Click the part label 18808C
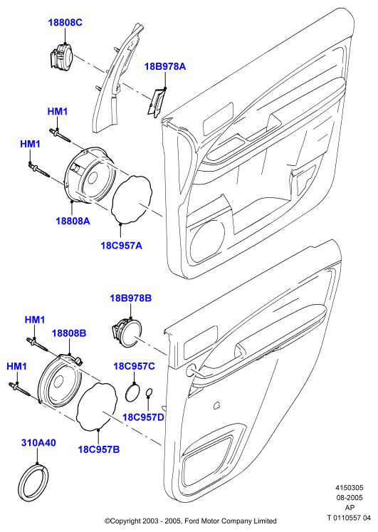click(x=65, y=23)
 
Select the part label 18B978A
click(x=165, y=66)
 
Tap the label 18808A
click(x=73, y=221)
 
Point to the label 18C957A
click(x=121, y=245)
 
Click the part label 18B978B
click(x=130, y=298)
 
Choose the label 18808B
click(x=69, y=333)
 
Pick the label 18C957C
click(x=134, y=367)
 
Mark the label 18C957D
click(x=143, y=417)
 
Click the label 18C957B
click(x=99, y=449)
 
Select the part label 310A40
click(x=38, y=443)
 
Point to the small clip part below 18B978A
click(x=157, y=103)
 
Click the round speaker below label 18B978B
click(x=127, y=333)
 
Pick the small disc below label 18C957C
click(x=132, y=392)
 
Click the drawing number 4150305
click(x=350, y=488)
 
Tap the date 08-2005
click(x=350, y=498)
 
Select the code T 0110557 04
click(x=349, y=518)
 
